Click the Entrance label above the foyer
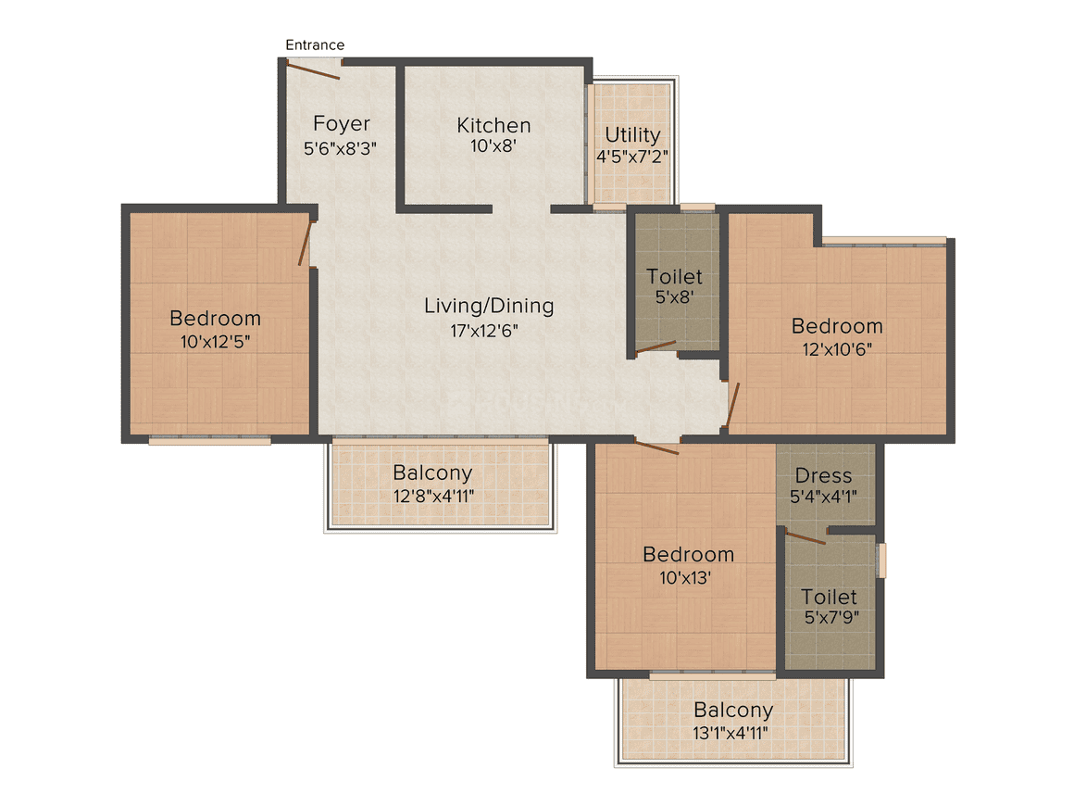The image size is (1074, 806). click(x=315, y=44)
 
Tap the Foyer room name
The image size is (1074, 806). click(x=341, y=123)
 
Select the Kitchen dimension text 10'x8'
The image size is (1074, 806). click(x=493, y=145)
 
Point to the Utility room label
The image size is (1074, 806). click(x=632, y=135)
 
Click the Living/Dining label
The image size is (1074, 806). click(x=489, y=305)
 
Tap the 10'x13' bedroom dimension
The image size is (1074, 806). click(x=688, y=577)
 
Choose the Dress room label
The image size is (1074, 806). click(x=823, y=475)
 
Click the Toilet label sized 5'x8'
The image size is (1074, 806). click(x=674, y=276)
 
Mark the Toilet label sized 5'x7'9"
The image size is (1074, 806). click(x=829, y=597)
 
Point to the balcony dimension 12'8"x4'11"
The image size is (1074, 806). click(x=433, y=496)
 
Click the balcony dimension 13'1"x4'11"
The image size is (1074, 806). click(x=733, y=733)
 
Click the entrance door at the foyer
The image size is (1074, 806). click(x=314, y=69)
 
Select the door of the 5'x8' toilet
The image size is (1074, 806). click(x=655, y=348)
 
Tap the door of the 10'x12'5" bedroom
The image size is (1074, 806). click(x=306, y=243)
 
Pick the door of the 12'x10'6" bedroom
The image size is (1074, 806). click(x=732, y=408)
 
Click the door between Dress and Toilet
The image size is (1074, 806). click(x=805, y=536)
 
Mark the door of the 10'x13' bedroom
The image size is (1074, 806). click(x=656, y=447)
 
